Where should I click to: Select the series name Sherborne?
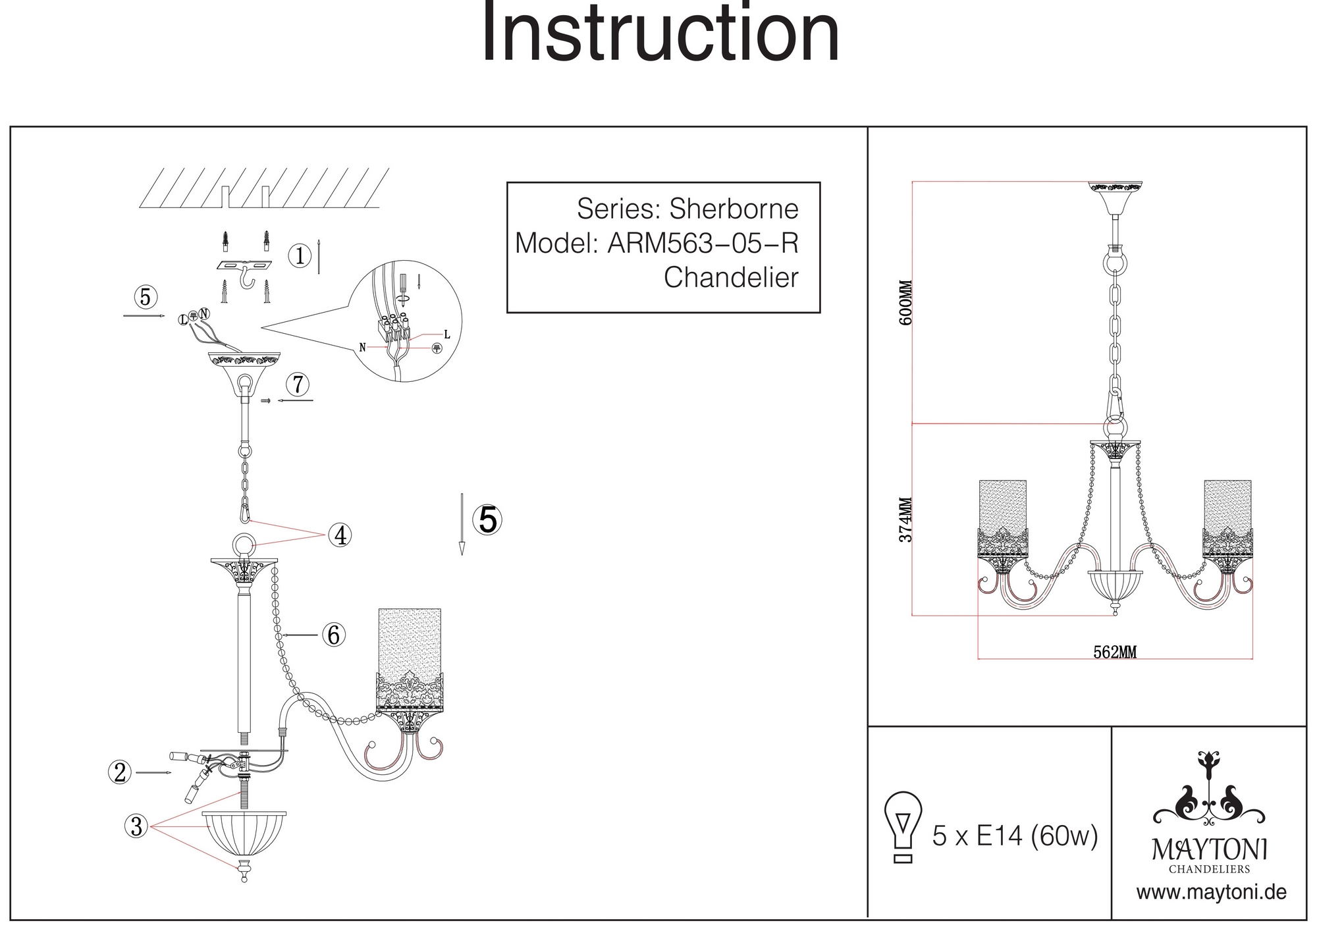tap(734, 209)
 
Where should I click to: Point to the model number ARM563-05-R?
tap(703, 244)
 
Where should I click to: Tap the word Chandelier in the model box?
tap(731, 278)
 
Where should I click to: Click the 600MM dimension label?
tap(907, 302)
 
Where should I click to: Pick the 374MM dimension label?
tap(907, 519)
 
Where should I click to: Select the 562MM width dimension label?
tap(1115, 652)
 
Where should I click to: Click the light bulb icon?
tap(903, 826)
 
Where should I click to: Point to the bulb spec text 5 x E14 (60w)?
tap(1015, 837)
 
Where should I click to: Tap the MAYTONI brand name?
tap(1210, 850)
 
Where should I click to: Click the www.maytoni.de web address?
tap(1212, 893)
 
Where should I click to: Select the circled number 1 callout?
tap(300, 256)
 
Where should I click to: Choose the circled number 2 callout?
tap(120, 772)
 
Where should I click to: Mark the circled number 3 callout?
tap(136, 826)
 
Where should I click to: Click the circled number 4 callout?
tap(340, 536)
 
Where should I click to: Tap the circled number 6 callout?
tap(334, 635)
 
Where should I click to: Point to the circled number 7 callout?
tap(298, 384)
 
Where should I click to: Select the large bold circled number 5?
tap(488, 520)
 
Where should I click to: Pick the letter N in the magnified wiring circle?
tap(362, 347)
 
